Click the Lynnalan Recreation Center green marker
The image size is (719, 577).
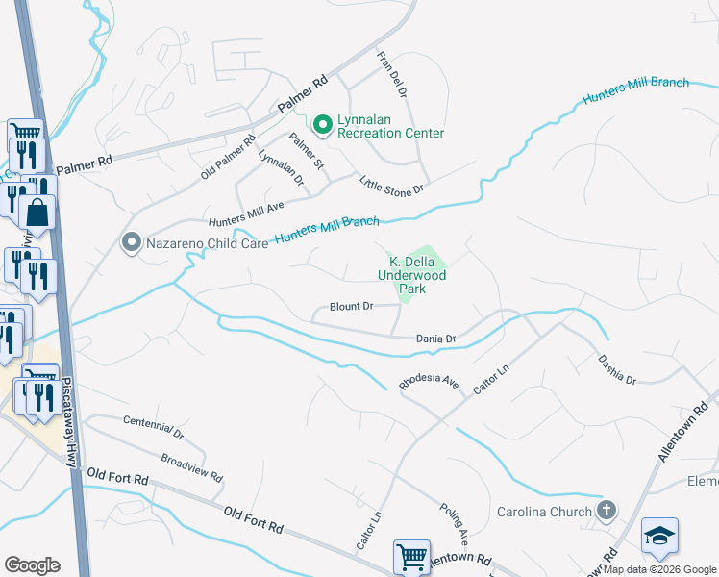322,124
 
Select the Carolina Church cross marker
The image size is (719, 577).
606,511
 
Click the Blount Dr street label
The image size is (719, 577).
351,307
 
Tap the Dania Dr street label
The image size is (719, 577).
435,339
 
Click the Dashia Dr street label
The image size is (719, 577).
616,366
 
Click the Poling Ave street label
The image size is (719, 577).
454,520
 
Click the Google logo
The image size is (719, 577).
32,565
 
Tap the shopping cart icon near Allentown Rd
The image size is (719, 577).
411,556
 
